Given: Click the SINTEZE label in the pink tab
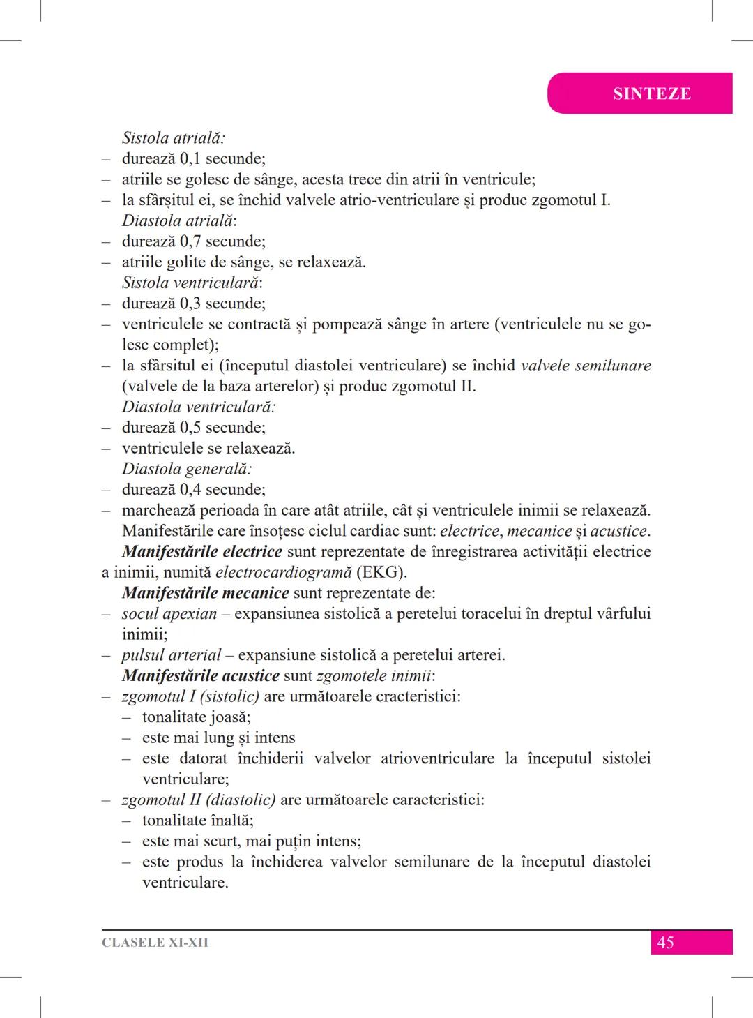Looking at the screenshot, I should pos(652,93).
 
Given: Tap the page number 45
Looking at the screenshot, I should pos(665,943).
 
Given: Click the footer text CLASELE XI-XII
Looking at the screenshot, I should pos(155,943).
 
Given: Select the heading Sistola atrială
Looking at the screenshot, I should pos(173,138).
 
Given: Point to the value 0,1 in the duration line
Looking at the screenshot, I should pos(190,159).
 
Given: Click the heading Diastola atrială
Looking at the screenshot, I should pos(178,221).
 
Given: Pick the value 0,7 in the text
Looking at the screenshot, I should pos(190,242).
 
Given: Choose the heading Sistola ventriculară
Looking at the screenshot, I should pos(192,283).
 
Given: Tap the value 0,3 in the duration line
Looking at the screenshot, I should pos(190,304).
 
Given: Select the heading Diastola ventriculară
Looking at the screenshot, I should pos(198,407).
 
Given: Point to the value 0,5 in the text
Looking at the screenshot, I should pos(190,428).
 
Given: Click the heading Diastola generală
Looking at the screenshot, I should pos(186,470).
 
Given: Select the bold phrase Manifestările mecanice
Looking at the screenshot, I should pos(205,594).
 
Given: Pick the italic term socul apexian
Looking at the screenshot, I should pos(169,614).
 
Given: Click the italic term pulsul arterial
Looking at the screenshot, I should pos(171,656).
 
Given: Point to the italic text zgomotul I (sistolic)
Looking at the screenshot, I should pos(190,697).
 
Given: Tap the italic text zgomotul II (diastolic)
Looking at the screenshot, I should pos(198,800).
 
